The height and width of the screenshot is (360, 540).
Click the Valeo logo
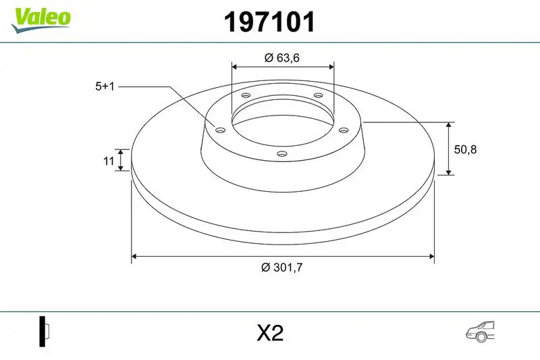click(x=40, y=17)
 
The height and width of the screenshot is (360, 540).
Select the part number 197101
click(x=269, y=22)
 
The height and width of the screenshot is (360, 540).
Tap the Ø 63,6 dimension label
click(x=281, y=58)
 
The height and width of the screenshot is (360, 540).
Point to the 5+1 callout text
click(x=105, y=86)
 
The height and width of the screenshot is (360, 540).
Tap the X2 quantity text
click(x=269, y=333)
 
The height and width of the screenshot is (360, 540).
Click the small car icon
click(x=481, y=330)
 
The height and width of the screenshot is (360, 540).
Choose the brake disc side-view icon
click(x=45, y=332)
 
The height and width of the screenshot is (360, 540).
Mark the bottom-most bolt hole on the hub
click(x=282, y=155)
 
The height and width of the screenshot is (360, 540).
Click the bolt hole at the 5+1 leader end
click(x=220, y=129)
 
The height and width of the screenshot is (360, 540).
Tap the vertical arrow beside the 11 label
click(x=121, y=160)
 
